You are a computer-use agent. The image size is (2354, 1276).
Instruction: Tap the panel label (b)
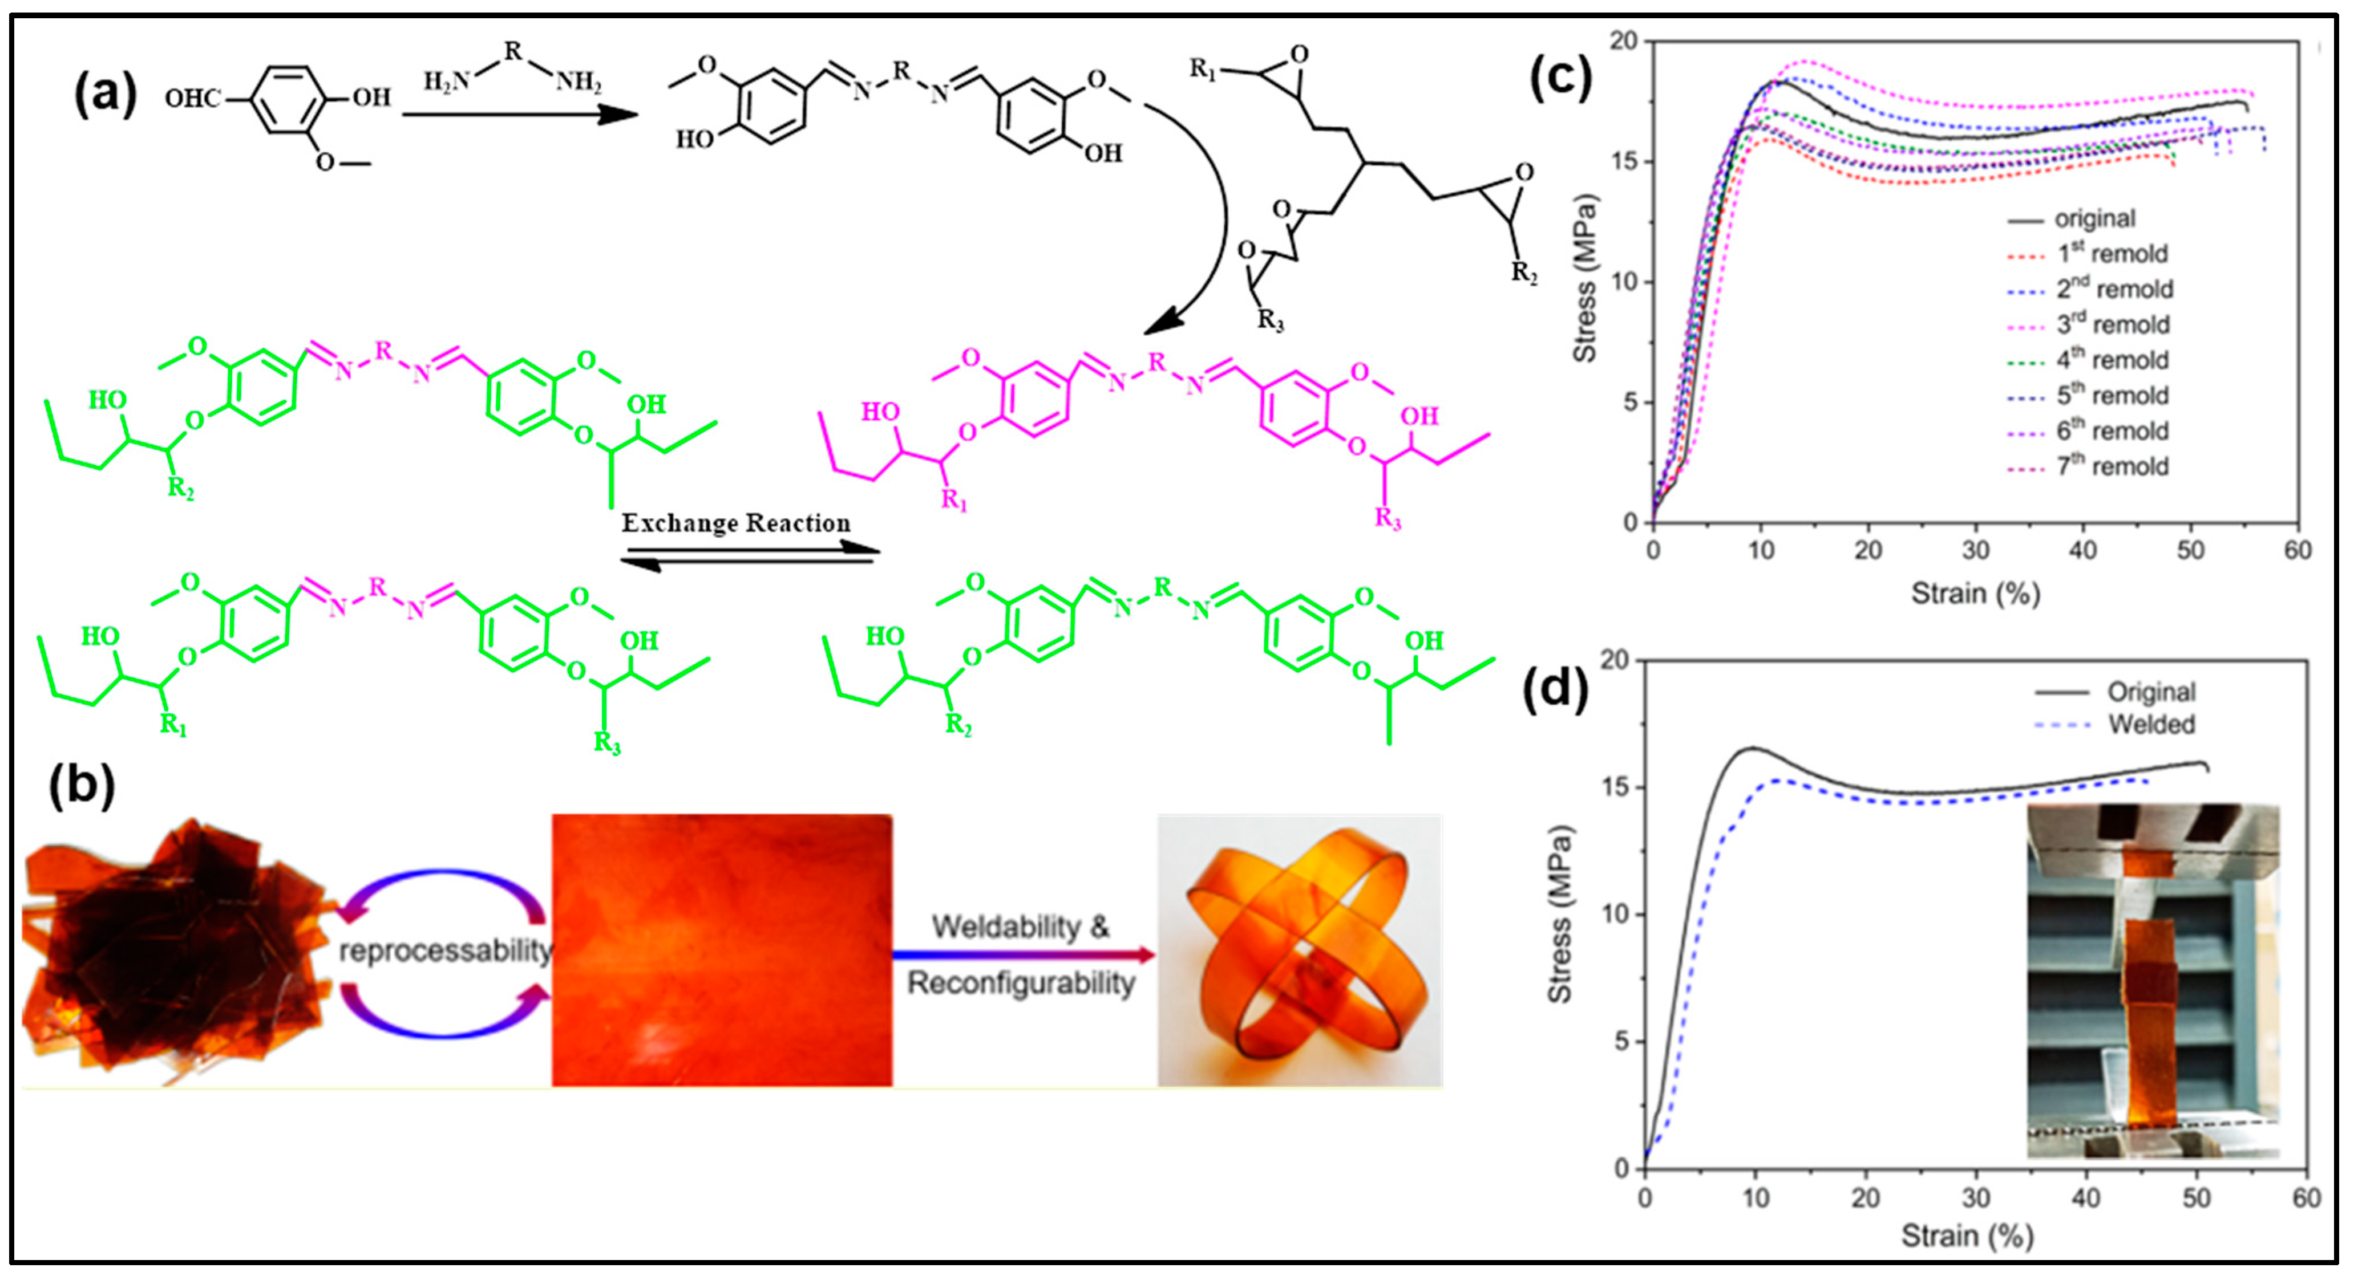coord(82,785)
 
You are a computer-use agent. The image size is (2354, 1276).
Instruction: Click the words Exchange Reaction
coord(735,523)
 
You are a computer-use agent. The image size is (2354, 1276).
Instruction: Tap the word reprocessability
coord(445,951)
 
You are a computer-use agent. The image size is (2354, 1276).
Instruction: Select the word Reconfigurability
coord(1021,984)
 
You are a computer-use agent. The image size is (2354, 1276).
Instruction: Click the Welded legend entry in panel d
coord(2151,724)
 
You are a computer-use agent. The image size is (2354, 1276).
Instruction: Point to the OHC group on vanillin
coord(193,97)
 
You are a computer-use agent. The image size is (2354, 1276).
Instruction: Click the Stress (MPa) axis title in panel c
coord(1584,279)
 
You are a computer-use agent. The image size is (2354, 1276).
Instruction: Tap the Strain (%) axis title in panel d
coord(1967,1236)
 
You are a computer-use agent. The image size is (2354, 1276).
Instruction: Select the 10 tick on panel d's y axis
coord(1616,915)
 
